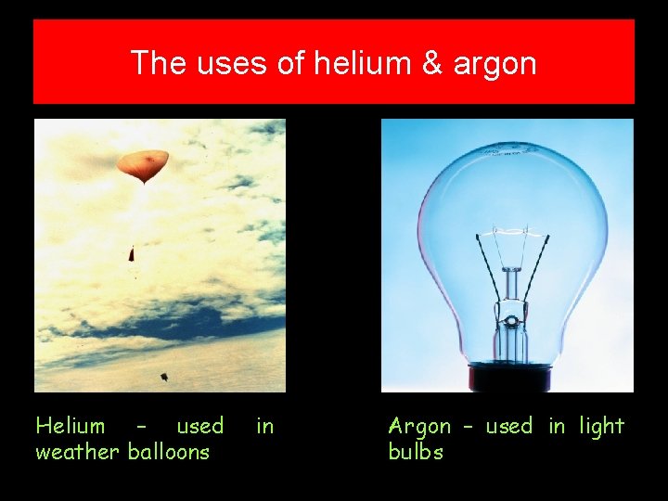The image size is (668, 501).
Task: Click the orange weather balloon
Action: coord(142,164)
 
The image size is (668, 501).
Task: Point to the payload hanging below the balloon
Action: coord(132,252)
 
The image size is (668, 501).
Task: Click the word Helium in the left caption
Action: coord(71,426)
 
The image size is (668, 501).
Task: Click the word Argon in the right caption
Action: coord(419,427)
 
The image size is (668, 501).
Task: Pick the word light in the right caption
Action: coord(602,427)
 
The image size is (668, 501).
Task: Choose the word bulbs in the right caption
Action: coord(416,452)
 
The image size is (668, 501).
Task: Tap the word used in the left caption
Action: coord(200,426)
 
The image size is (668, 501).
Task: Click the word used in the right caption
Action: coord(509,426)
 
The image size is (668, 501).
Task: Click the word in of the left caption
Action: coord(265,426)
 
